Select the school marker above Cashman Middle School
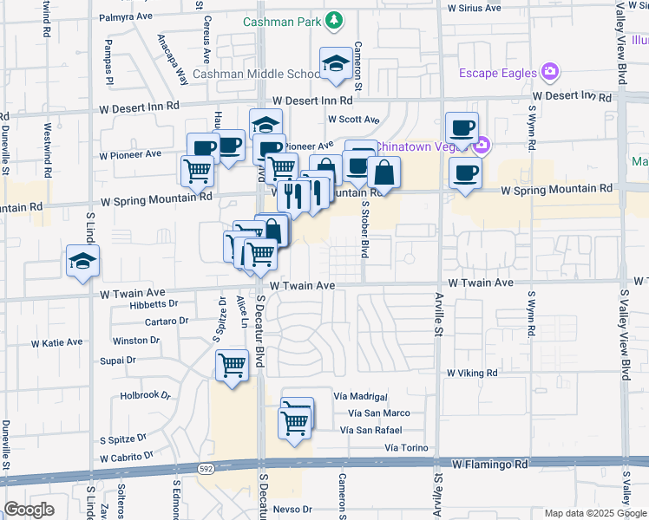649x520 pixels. pos(335,63)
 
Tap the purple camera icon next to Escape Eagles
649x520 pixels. pos(549,71)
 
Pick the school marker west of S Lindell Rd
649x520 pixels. pos(83,261)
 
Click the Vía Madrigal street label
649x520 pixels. pos(359,396)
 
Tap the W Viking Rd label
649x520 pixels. pos(472,373)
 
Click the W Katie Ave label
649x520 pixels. pos(56,343)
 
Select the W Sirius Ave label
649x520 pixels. pos(474,8)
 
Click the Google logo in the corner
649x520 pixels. pos(29,510)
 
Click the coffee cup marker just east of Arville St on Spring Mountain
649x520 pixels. pos(465,172)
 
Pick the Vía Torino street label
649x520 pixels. pos(408,448)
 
